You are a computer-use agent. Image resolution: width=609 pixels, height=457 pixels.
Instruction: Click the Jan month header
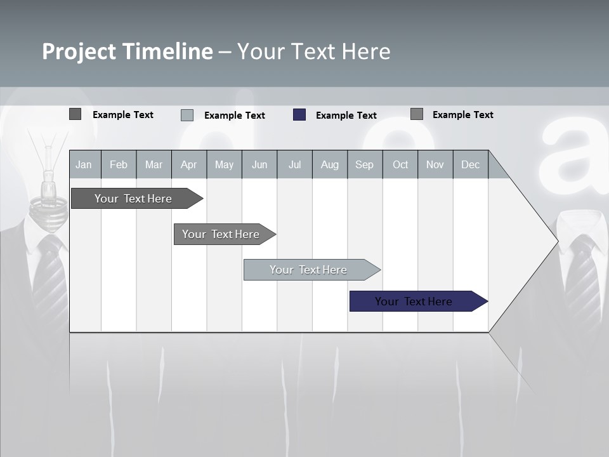pyautogui.click(x=84, y=164)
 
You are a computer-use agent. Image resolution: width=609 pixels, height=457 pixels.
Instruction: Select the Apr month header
pyautogui.click(x=189, y=164)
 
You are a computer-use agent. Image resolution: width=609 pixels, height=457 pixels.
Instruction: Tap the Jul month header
pyautogui.click(x=294, y=164)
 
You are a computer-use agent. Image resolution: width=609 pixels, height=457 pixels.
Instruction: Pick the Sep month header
pyautogui.click(x=365, y=164)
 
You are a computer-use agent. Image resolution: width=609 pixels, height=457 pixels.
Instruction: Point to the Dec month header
pyautogui.click(x=470, y=164)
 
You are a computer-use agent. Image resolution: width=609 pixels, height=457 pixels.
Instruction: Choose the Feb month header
pyautogui.click(x=119, y=164)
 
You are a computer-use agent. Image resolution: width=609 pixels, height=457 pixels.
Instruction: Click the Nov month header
pyautogui.click(x=435, y=164)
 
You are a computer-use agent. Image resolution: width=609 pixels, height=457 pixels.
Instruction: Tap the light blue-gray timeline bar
pyautogui.click(x=309, y=270)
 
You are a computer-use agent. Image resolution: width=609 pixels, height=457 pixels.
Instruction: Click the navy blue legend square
pyautogui.click(x=299, y=115)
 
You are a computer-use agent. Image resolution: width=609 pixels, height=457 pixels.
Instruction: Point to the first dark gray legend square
pyautogui.click(x=75, y=114)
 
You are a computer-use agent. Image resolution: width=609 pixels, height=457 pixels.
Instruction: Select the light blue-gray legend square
pyautogui.click(x=187, y=115)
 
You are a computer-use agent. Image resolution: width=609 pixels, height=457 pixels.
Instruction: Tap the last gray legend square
pyautogui.click(x=417, y=114)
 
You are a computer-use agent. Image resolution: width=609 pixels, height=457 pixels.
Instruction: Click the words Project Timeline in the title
pyautogui.click(x=127, y=51)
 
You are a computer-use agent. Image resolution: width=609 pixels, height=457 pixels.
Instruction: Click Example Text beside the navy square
pyautogui.click(x=346, y=116)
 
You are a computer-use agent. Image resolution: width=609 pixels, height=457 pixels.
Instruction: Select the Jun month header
pyautogui.click(x=259, y=164)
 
